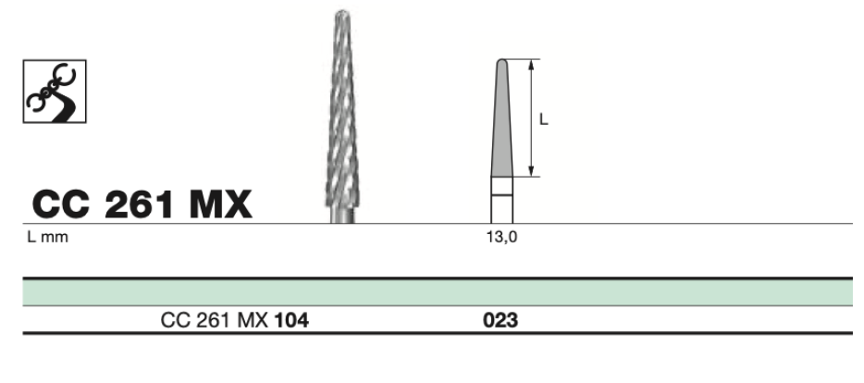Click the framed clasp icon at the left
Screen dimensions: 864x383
click(x=55, y=92)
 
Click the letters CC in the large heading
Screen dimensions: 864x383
click(x=61, y=204)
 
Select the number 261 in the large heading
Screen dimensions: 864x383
click(x=140, y=204)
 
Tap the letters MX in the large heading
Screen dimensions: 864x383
click(x=220, y=204)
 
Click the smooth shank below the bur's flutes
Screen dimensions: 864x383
click(x=342, y=215)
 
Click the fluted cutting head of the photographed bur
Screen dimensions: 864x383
click(x=341, y=109)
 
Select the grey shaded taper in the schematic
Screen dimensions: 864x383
click(x=502, y=121)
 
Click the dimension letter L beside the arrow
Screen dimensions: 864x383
click(x=543, y=119)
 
